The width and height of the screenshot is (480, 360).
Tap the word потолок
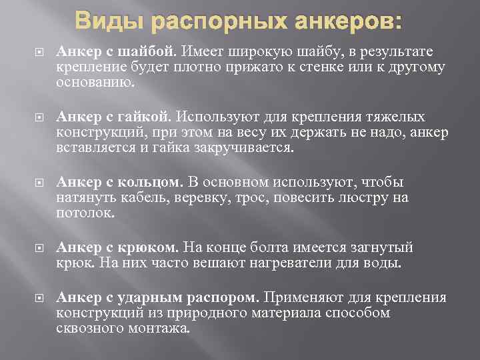86,214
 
